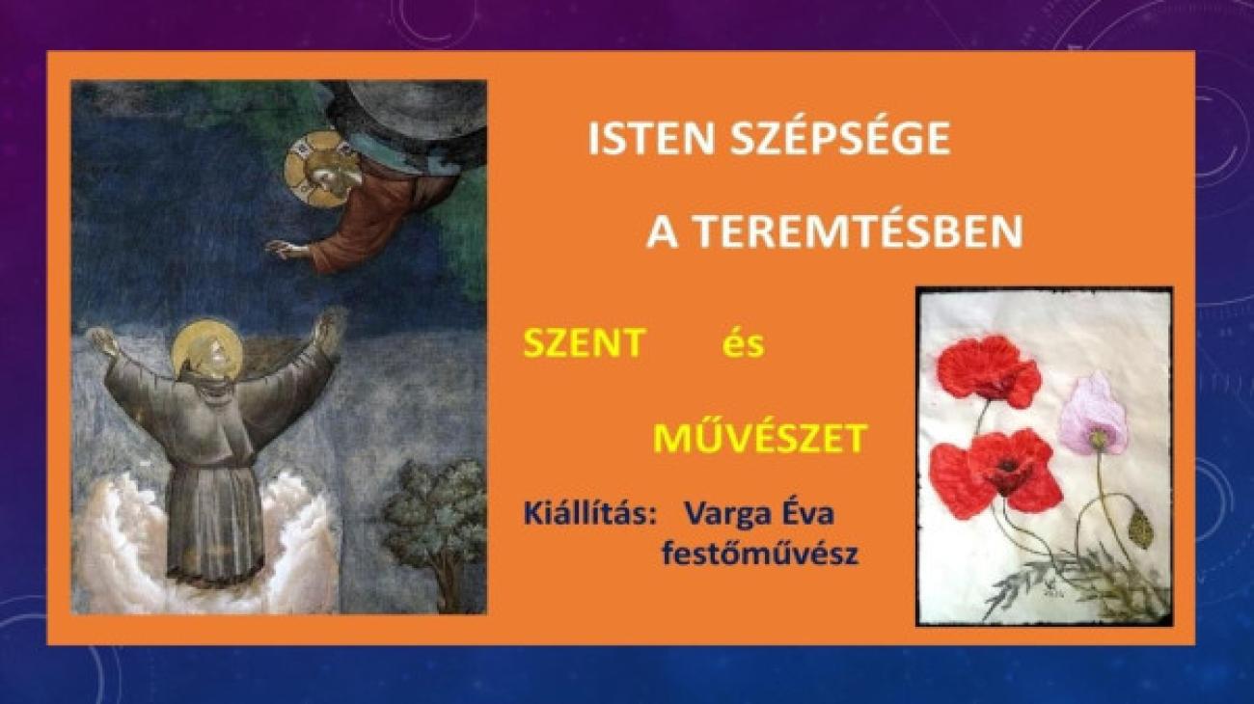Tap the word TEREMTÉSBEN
tap(859, 231)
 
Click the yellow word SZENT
tap(585, 342)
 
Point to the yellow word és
tap(743, 342)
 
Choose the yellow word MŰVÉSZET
tap(760, 437)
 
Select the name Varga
tap(729, 515)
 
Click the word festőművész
tap(760, 555)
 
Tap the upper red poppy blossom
tap(988, 370)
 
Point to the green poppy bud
tap(1140, 528)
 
